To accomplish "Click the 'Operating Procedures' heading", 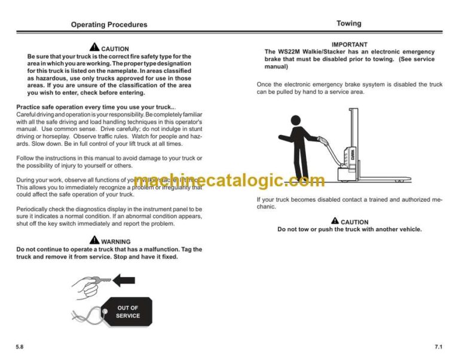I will click(109, 24).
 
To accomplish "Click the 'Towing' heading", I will click(348, 23).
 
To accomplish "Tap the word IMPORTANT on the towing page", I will click(350, 44).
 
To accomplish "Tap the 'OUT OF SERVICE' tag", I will click(127, 312).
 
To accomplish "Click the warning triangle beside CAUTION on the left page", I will click(94, 48).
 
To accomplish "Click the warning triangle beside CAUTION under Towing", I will click(335, 221).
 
